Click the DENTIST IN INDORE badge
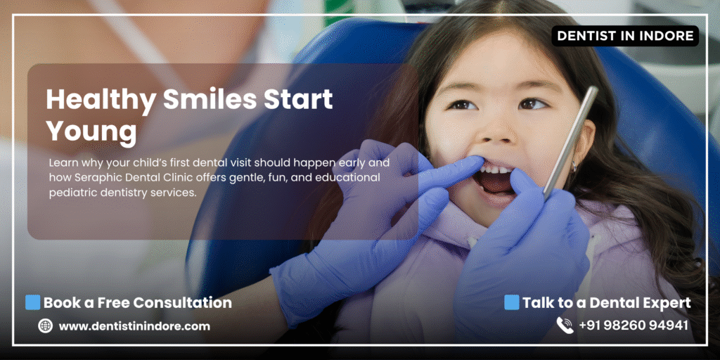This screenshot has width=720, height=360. click(x=625, y=36)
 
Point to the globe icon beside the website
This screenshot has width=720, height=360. click(x=45, y=326)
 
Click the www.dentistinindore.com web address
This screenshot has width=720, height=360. click(x=134, y=326)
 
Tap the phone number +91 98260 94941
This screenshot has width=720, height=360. click(x=634, y=326)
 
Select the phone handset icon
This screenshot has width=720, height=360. click(x=565, y=325)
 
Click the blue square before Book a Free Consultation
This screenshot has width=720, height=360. click(x=32, y=302)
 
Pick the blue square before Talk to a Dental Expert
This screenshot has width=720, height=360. click(x=512, y=302)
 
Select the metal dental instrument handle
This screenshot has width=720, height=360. click(x=571, y=143)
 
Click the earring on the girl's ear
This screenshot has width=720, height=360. click(x=574, y=165)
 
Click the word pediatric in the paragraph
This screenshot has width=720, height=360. click(x=70, y=193)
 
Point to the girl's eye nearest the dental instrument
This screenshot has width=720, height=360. click(x=533, y=104)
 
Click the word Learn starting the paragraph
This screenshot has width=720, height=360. click(x=61, y=162)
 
